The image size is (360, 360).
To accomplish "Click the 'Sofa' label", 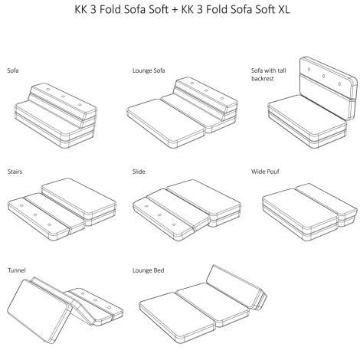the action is pyautogui.click(x=13, y=70).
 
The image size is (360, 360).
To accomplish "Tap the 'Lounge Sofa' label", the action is pyautogui.click(x=149, y=70).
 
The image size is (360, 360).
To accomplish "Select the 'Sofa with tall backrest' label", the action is pyautogui.click(x=268, y=74).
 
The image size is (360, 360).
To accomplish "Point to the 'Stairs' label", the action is pyautogui.click(x=15, y=172).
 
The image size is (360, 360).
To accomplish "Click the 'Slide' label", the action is pyautogui.click(x=139, y=172).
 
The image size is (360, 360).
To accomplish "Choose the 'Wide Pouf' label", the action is pyautogui.click(x=265, y=172).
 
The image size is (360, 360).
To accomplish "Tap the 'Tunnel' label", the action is pyautogui.click(x=17, y=270).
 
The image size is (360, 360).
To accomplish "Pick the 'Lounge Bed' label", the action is pyautogui.click(x=148, y=270).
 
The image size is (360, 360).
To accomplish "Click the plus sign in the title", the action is pyautogui.click(x=175, y=10).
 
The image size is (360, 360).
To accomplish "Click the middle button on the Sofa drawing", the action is pyautogui.click(x=63, y=97).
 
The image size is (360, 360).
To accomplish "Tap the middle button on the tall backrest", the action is pyautogui.click(x=323, y=76).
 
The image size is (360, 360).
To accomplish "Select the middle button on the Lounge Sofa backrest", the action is pyautogui.click(x=206, y=90).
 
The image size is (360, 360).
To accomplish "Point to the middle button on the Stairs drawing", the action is pyautogui.click(x=35, y=214).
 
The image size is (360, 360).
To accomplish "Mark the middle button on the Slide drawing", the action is pyautogui.click(x=159, y=215).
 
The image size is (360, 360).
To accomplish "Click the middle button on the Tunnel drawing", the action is pyautogui.click(x=95, y=300).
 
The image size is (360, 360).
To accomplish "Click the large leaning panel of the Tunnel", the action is pyautogui.click(x=39, y=311).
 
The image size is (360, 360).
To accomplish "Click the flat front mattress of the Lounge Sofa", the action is pyautogui.click(x=166, y=123).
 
